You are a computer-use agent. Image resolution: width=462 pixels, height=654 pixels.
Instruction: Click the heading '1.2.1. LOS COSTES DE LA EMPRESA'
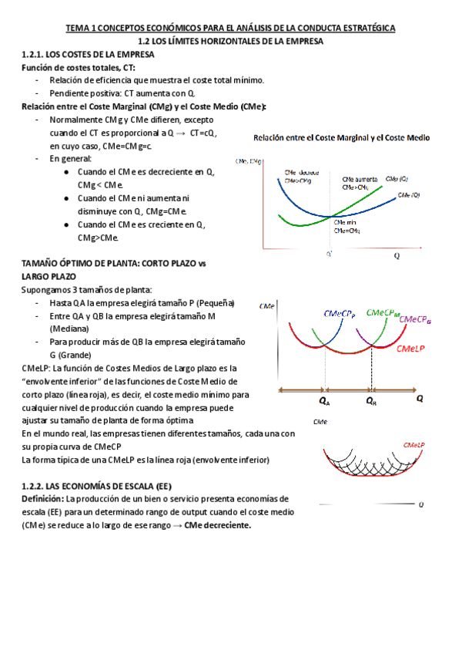[87, 55]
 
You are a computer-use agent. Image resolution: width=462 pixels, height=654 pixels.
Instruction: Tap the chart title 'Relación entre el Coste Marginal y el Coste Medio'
[342, 138]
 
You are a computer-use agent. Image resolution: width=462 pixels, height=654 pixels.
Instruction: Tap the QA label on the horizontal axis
[324, 401]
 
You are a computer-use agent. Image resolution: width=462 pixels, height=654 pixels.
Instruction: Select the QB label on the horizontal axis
[370, 401]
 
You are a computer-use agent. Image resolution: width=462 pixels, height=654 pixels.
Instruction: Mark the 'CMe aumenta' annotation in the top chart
[359, 179]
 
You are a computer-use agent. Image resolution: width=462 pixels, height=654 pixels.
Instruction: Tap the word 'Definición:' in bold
[45, 499]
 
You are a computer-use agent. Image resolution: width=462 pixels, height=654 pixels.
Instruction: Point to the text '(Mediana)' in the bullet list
[70, 329]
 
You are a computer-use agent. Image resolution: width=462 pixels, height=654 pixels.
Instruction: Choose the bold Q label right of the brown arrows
[420, 399]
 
